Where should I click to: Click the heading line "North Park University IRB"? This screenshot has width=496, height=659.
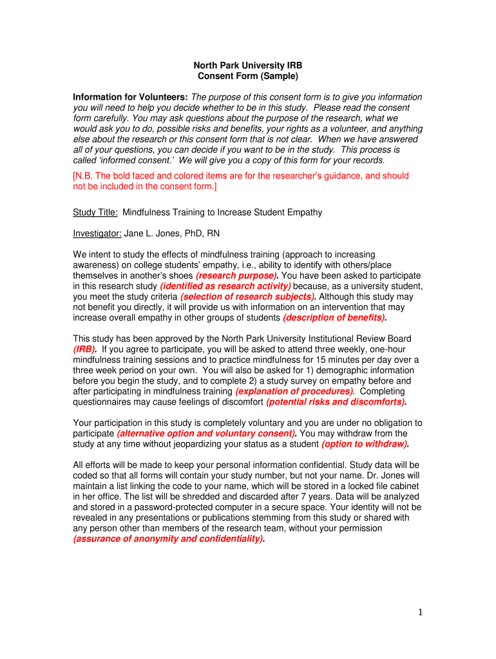pyautogui.click(x=247, y=66)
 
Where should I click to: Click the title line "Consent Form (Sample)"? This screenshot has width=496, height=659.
pyautogui.click(x=247, y=76)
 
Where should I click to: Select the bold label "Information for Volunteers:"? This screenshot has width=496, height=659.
pyautogui.click(x=131, y=97)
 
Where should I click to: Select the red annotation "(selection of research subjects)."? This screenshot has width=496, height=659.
pyautogui.click(x=249, y=297)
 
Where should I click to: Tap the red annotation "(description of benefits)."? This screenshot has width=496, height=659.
pyautogui.click(x=335, y=318)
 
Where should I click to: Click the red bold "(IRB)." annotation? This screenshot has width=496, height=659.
pyautogui.click(x=85, y=349)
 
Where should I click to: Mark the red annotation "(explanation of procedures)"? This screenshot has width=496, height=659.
pyautogui.click(x=294, y=391)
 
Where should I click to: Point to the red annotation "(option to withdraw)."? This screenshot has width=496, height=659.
pyautogui.click(x=366, y=444)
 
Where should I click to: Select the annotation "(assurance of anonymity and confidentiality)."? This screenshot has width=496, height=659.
pyautogui.click(x=169, y=539)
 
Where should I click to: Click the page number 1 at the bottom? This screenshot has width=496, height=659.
pyautogui.click(x=420, y=613)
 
